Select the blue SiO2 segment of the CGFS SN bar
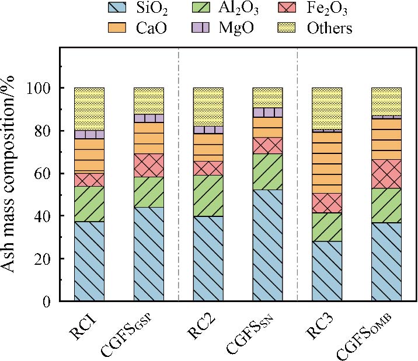coord(267,245)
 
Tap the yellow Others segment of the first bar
coord(89,108)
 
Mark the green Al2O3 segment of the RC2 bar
coord(208,195)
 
